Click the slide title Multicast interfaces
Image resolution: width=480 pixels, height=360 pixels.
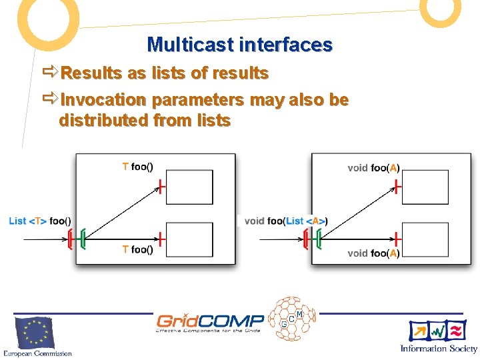(239, 45)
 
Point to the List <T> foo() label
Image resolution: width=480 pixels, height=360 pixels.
(40, 221)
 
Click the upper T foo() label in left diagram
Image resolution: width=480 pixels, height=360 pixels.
(137, 167)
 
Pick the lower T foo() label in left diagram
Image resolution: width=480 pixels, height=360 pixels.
(137, 249)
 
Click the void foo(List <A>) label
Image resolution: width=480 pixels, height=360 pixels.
(285, 221)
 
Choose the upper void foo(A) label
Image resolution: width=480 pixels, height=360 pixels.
(373, 168)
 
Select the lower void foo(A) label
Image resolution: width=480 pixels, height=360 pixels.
(373, 253)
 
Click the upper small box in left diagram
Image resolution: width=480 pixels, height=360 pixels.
(189, 187)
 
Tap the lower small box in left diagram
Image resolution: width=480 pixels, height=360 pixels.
(189, 239)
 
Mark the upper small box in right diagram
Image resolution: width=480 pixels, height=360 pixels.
(425, 187)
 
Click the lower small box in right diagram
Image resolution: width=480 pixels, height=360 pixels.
(425, 239)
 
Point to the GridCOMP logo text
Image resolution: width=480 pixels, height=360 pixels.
(210, 321)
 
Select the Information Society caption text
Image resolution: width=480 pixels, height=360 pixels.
(439, 348)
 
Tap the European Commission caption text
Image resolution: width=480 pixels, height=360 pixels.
(37, 353)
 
